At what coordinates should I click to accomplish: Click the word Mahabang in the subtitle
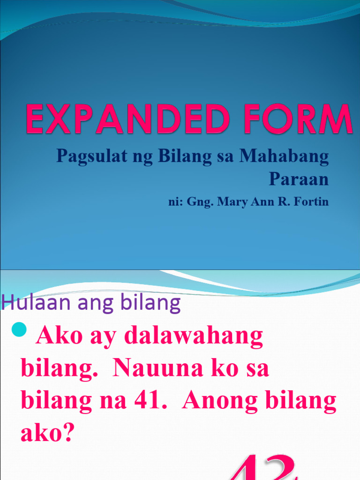(x=284, y=157)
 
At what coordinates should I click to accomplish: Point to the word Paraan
(x=299, y=179)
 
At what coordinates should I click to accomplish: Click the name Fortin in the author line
(x=312, y=202)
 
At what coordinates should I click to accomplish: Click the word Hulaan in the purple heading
(x=27, y=303)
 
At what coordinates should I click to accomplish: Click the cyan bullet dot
(x=20, y=331)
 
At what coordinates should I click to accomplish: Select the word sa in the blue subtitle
(x=226, y=157)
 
